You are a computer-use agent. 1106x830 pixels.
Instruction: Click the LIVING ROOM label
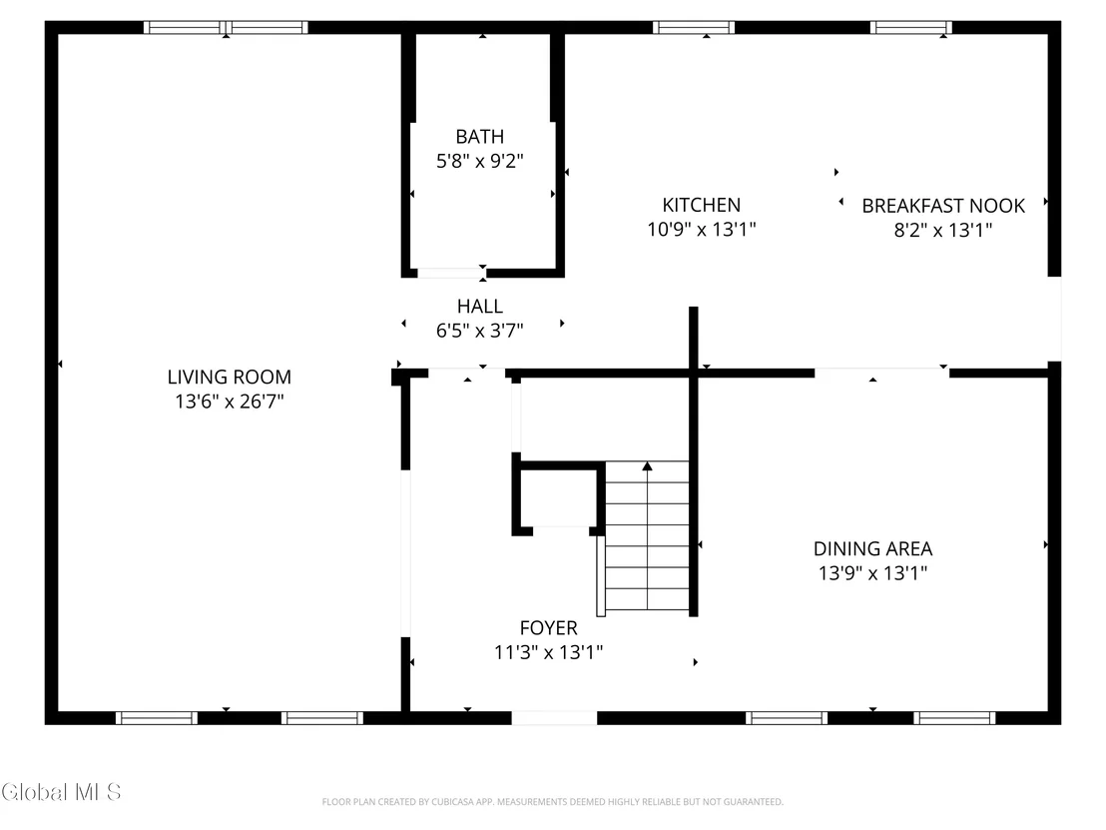click(x=230, y=377)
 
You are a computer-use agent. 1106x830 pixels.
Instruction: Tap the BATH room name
click(x=480, y=136)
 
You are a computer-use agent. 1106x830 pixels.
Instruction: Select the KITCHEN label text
click(x=701, y=205)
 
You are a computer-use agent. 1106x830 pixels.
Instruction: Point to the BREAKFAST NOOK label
click(x=943, y=206)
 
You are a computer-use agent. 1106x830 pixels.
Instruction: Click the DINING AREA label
click(x=872, y=548)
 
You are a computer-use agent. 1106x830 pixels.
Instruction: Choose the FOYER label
click(x=549, y=627)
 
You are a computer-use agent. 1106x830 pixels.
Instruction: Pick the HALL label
click(x=480, y=306)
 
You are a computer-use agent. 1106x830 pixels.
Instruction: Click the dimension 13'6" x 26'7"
click(x=230, y=401)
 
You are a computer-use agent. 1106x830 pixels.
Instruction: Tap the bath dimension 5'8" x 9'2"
click(x=480, y=160)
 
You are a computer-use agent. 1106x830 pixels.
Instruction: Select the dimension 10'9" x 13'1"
click(x=701, y=229)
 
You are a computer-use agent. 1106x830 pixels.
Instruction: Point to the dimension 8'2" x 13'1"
click(x=943, y=230)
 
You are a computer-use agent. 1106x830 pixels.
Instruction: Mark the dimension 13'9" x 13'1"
click(x=872, y=572)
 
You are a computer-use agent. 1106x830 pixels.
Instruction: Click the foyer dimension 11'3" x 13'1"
click(x=549, y=651)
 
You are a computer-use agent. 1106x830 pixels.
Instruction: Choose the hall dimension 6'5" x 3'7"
click(x=480, y=330)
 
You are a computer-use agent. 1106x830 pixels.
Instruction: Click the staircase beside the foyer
click(x=647, y=536)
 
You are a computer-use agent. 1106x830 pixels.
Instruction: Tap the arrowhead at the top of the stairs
click(x=647, y=465)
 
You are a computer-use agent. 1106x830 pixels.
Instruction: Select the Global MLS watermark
click(x=61, y=792)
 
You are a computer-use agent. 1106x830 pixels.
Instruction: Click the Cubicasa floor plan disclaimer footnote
click(x=552, y=802)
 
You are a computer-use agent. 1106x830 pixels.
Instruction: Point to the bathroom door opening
click(x=451, y=273)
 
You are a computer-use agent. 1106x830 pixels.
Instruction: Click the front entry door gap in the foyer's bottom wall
click(x=554, y=718)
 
